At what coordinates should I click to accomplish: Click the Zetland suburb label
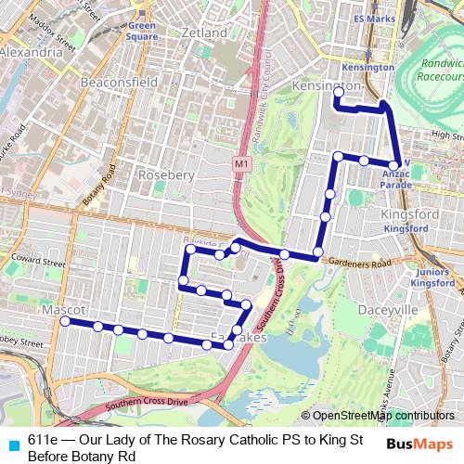tap(206, 32)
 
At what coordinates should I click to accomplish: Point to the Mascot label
tap(64, 308)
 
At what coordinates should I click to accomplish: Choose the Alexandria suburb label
tap(31, 54)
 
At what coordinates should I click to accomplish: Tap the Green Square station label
tap(142, 33)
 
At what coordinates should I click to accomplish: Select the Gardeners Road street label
tap(355, 264)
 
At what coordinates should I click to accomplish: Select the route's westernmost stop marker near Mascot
tap(65, 321)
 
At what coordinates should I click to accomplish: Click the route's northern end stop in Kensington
tap(339, 93)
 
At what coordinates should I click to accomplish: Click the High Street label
tap(446, 135)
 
